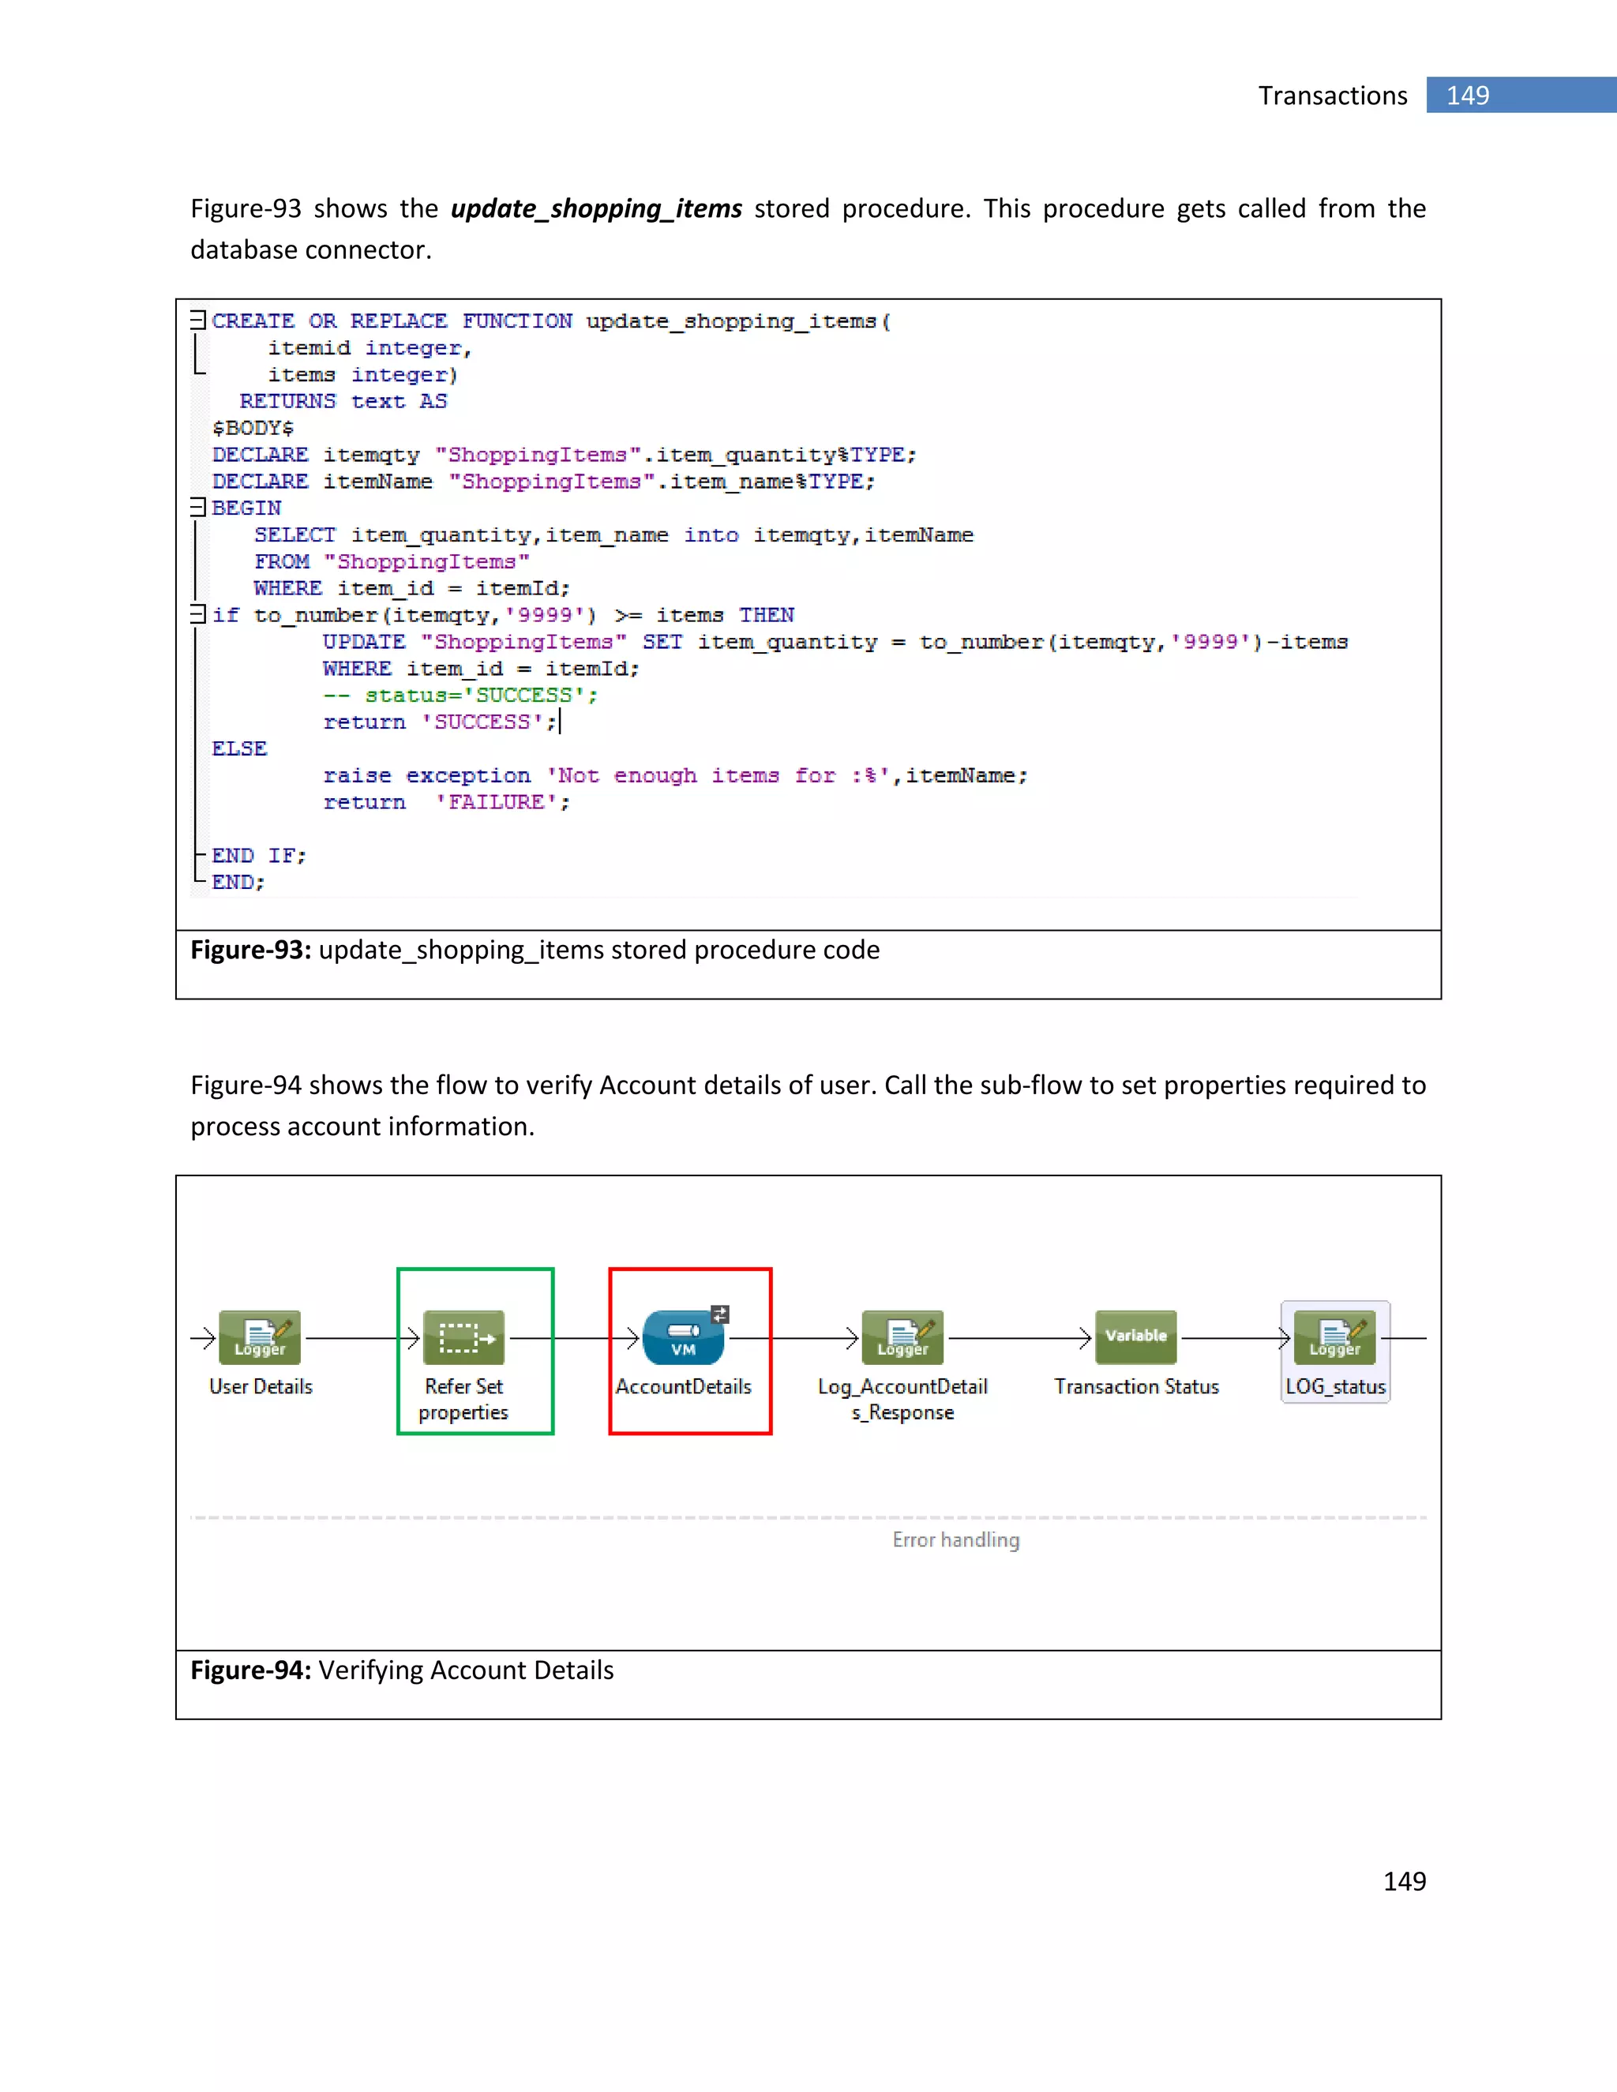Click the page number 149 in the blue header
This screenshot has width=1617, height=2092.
pos(1467,96)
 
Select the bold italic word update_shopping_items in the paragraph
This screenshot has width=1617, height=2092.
pos(596,209)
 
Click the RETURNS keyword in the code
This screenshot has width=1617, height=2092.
pos(287,401)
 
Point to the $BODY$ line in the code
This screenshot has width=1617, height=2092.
pos(253,428)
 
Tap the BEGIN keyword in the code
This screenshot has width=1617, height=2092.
pos(246,508)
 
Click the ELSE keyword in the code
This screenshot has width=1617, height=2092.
pos(239,749)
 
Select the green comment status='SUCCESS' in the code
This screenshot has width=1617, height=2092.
pos(460,695)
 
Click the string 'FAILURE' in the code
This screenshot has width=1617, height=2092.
pos(503,803)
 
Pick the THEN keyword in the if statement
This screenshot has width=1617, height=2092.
pos(767,615)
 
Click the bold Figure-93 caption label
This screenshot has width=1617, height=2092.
pos(250,950)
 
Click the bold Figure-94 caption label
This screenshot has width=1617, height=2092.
pos(250,1670)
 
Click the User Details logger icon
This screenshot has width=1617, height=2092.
pos(260,1337)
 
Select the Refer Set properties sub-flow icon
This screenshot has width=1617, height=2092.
pos(463,1337)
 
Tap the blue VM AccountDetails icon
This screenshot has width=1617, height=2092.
pos(683,1337)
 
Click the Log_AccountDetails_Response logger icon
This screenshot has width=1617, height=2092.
pos(902,1337)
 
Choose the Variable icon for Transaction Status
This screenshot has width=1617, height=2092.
pos(1136,1337)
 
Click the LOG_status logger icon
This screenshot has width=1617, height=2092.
pos(1334,1337)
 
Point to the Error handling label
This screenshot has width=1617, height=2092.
pos(955,1540)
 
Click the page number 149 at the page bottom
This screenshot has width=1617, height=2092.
pos(1405,1881)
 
